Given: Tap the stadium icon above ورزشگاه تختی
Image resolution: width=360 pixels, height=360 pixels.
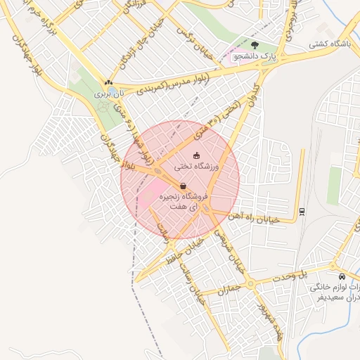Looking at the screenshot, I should coord(196,155).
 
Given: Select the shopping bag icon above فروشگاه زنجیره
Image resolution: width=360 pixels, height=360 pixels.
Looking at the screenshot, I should coord(184,186).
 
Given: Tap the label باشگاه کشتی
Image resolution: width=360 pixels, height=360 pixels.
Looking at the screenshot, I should coord(330,44).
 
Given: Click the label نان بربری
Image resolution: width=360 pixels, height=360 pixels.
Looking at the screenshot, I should coord(109,92).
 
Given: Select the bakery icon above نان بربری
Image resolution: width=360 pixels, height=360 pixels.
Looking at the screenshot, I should coord(108,82).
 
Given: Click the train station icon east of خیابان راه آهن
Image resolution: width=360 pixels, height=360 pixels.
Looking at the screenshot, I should coord(302,211).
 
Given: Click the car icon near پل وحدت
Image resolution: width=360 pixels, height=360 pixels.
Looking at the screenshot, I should coord(342,276).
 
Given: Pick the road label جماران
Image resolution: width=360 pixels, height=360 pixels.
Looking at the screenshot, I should coord(229,289).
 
